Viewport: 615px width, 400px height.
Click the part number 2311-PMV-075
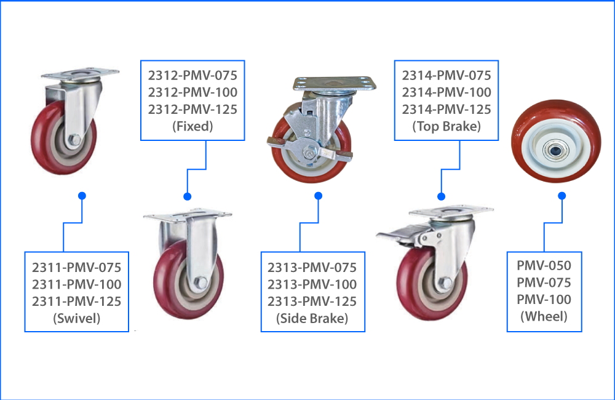pos(76,268)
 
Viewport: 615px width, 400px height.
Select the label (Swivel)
pos(76,319)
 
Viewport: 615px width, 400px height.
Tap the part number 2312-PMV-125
pos(192,110)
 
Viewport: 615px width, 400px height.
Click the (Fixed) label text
pos(192,127)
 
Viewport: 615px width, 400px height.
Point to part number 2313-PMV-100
pos(312,284)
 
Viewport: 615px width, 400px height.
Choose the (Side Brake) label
pos(312,319)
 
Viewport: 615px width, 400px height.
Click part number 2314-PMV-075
pos(446,76)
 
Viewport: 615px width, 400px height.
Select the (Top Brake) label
pos(446,127)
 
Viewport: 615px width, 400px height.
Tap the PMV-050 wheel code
pos(544,266)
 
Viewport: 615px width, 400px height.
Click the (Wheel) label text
pos(544,317)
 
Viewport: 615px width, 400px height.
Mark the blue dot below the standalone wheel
pos(561,196)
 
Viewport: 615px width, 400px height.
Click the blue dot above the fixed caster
pos(188,196)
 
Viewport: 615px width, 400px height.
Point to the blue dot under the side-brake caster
pos(319,196)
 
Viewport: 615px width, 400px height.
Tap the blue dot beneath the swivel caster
pos(82,196)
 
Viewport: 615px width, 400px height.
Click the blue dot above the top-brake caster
pos(441,196)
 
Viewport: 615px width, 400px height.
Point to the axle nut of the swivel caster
pos(73,140)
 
